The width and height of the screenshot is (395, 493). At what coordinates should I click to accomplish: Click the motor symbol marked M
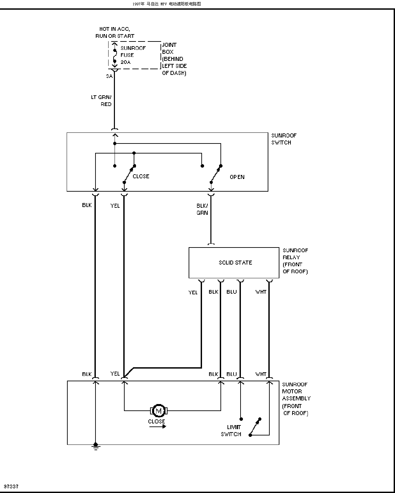[x=158, y=410]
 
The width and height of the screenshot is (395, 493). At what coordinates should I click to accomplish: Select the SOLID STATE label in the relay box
[x=235, y=263]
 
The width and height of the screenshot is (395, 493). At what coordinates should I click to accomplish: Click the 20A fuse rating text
[x=126, y=62]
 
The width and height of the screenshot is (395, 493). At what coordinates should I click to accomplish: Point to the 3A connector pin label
[x=109, y=76]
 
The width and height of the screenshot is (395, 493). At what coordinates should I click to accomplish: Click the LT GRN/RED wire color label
[x=101, y=101]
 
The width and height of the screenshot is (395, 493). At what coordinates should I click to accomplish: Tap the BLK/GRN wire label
[x=202, y=209]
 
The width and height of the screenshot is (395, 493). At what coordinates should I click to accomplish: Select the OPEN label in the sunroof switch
[x=237, y=177]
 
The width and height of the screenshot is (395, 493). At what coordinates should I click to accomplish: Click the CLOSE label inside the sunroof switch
[x=141, y=176]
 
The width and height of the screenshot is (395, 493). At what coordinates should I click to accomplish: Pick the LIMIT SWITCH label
[x=231, y=430]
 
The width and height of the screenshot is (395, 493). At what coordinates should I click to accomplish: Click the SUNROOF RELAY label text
[x=295, y=261]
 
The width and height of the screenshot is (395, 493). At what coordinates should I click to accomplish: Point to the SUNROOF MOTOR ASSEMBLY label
[x=296, y=399]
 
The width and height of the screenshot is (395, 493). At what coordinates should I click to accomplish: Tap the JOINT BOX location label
[x=174, y=59]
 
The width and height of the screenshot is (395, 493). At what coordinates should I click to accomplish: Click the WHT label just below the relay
[x=261, y=292]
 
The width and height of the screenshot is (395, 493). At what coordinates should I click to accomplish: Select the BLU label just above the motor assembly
[x=232, y=374]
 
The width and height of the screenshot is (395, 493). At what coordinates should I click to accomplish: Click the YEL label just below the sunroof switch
[x=115, y=206]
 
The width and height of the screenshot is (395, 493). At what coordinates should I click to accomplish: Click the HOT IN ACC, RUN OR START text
[x=115, y=32]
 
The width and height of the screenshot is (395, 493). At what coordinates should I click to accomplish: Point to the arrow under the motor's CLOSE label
[x=157, y=426]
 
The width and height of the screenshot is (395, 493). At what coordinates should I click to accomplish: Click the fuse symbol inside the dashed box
[x=115, y=56]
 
